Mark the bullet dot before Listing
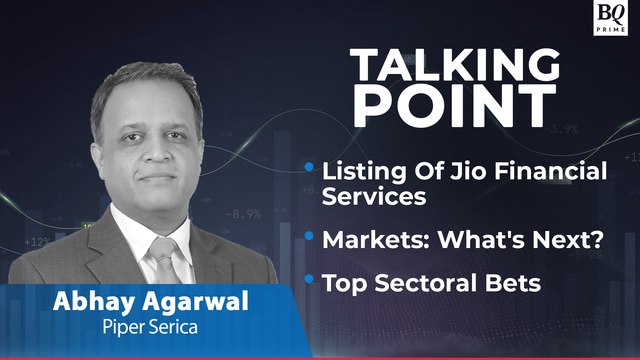310,166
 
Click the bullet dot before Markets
310,235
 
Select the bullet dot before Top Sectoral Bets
310,278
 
